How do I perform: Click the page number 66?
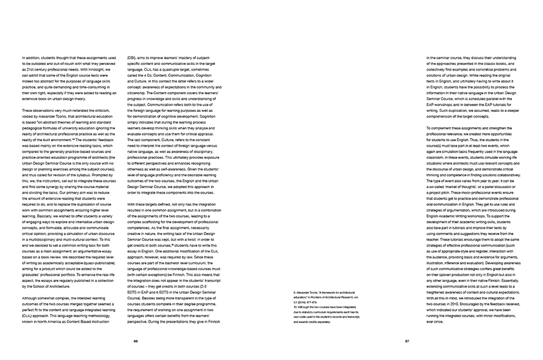pyautogui.click(x=136, y=341)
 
